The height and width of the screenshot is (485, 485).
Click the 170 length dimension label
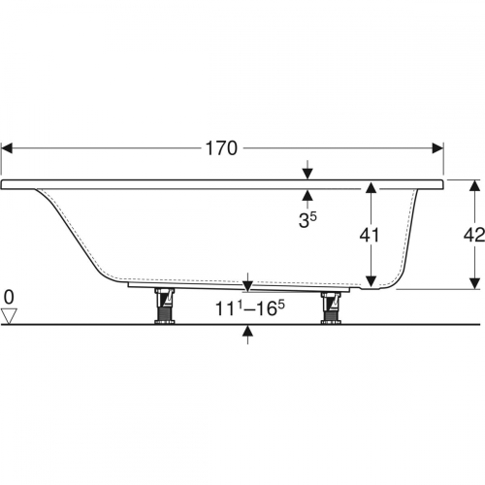point(221,148)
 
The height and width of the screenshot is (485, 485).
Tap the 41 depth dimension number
point(370,235)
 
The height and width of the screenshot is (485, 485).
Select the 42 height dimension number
point(474,235)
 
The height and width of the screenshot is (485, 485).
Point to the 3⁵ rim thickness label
point(307,220)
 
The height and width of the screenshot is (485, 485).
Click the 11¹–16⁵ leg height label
point(250,308)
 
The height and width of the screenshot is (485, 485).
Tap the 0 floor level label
point(9,297)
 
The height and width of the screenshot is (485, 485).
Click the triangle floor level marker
point(9,316)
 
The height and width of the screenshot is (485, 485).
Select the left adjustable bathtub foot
point(165,306)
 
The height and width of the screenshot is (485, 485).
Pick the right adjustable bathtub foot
point(331,307)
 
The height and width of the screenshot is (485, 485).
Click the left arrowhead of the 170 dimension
point(7,148)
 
